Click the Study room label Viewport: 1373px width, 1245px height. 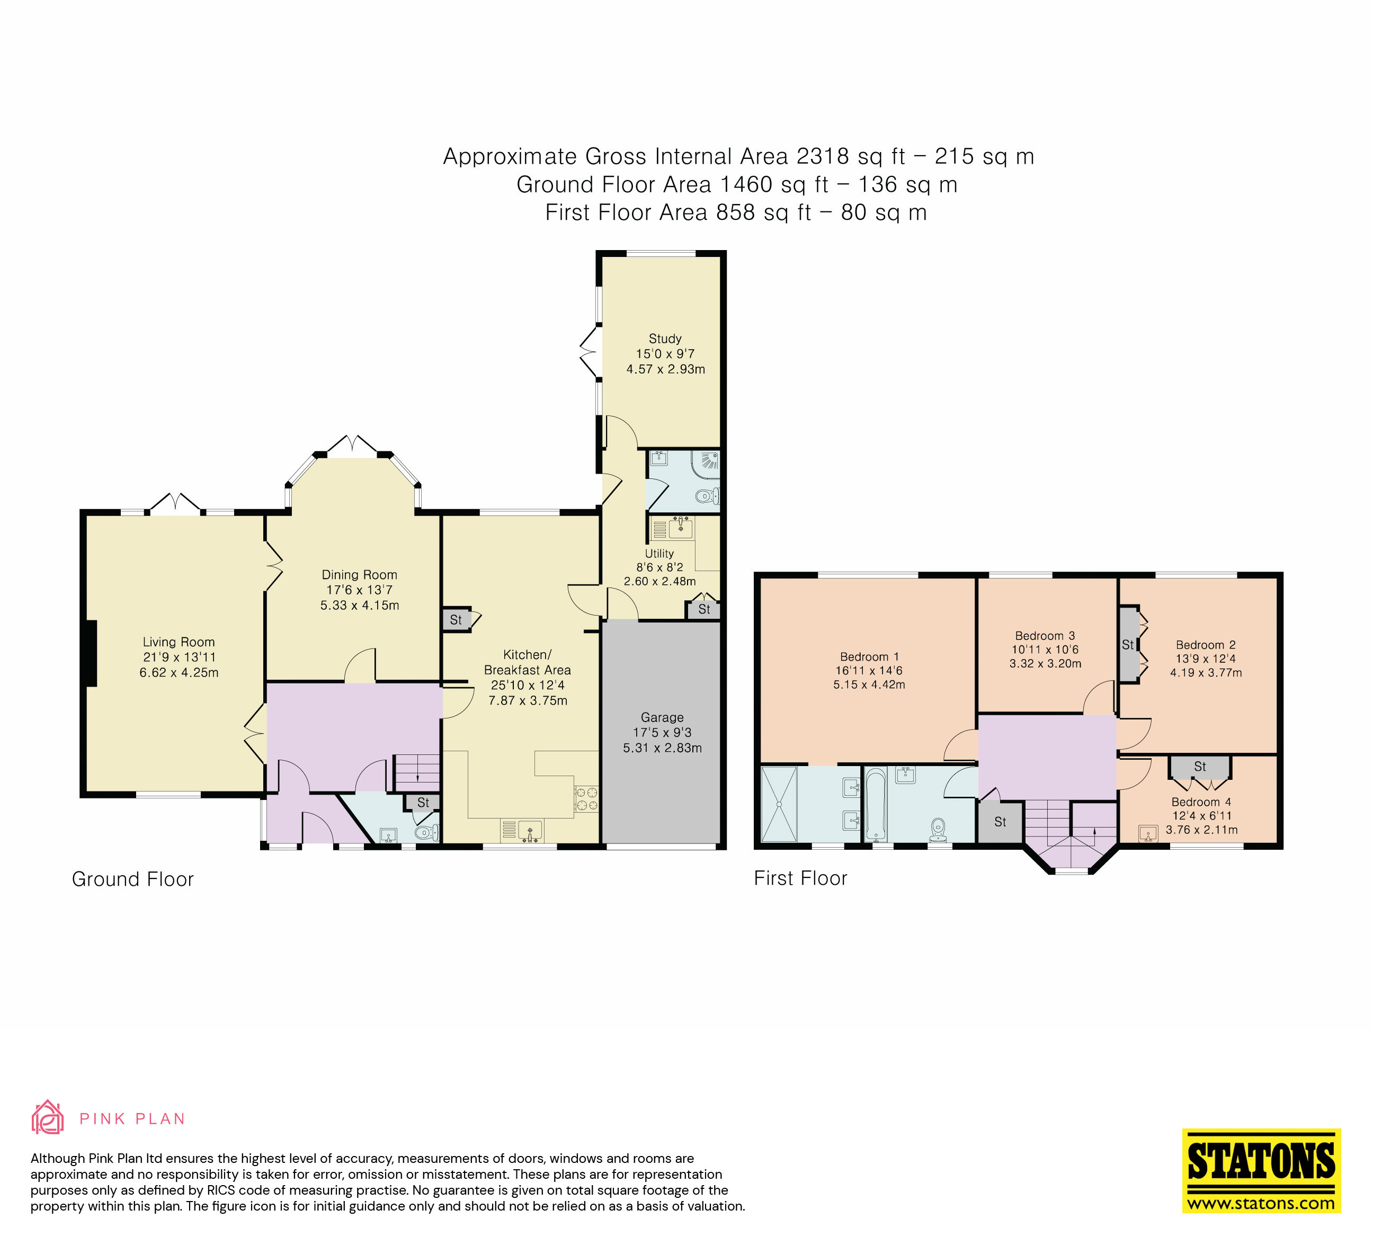click(x=665, y=339)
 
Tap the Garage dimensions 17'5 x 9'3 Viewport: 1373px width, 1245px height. click(x=662, y=732)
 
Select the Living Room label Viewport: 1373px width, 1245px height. click(x=179, y=642)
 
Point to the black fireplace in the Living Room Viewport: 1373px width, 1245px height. click(x=91, y=653)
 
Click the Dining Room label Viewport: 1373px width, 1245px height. click(x=360, y=575)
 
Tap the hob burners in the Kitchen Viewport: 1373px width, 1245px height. click(x=586, y=799)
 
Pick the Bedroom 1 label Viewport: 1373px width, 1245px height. click(x=869, y=656)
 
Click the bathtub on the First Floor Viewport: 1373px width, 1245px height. click(x=875, y=804)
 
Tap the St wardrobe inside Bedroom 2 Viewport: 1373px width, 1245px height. click(x=1128, y=644)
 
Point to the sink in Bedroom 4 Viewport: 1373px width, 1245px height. click(x=1148, y=833)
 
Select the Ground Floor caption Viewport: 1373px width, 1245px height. click(x=133, y=879)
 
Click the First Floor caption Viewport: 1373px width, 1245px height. click(x=800, y=878)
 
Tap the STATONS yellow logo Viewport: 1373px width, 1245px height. click(x=1261, y=1170)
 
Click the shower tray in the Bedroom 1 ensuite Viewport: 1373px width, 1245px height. click(x=779, y=804)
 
